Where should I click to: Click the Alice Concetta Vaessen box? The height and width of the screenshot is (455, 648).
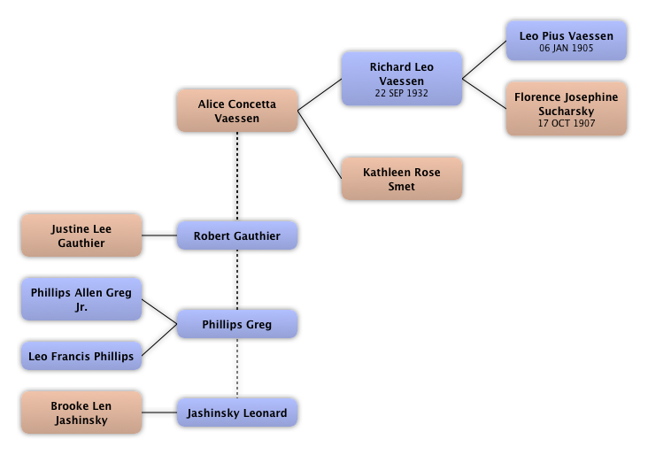coord(236,111)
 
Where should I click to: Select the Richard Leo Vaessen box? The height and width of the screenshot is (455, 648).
coord(401,79)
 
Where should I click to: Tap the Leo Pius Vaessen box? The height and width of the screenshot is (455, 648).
coord(566,42)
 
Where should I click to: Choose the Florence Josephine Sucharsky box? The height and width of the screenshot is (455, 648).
coord(566,110)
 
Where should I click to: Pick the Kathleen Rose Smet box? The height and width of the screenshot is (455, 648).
coord(401,180)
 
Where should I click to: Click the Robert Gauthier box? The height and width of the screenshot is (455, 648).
coord(236,236)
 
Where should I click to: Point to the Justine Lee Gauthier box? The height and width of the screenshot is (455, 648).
coord(81,236)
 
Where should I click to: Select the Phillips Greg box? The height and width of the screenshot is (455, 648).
coord(236,325)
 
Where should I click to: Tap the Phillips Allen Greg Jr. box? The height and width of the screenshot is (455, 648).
coord(81,299)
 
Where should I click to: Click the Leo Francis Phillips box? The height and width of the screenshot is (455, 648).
coord(81,357)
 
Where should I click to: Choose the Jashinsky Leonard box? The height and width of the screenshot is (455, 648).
coord(236,413)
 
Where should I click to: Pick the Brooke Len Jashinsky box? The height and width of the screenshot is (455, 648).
coord(81,413)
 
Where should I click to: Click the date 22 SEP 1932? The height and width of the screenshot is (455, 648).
coord(401,93)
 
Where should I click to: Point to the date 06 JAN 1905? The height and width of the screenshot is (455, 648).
coord(566,49)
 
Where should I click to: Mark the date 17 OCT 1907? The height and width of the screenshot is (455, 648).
coord(566,124)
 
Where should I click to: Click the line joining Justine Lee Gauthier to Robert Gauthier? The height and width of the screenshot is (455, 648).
coord(159,236)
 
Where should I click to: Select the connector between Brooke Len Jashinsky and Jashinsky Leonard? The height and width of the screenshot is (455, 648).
coord(159,413)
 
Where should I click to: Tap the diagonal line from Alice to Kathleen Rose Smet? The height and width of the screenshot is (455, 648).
coord(320,142)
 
